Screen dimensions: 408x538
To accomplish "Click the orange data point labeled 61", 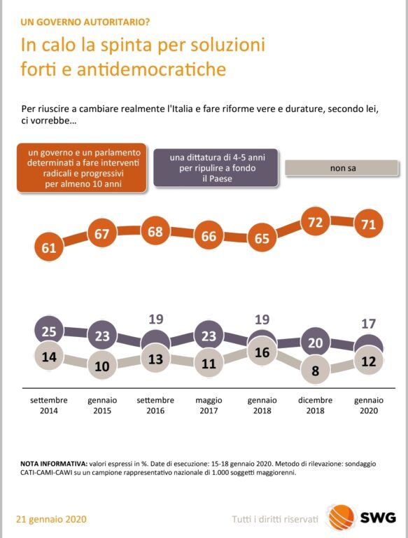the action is pos(49,247).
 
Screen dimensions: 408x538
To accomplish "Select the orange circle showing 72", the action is pos(316,221).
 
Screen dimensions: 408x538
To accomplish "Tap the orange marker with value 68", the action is pos(155,231).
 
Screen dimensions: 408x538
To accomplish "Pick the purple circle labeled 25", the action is pos(49,331).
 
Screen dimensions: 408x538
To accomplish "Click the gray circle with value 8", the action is pos(316,370).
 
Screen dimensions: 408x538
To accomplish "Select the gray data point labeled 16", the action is pos(262,352).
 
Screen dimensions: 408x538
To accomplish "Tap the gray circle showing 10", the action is pos(102,365).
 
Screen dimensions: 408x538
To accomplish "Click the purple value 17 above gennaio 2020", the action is pos(369,323).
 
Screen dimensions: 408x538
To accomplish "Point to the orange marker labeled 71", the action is pos(369,223).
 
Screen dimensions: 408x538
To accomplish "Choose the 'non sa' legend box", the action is pos(342,168).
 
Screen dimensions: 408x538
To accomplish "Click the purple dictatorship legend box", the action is pos(216,168).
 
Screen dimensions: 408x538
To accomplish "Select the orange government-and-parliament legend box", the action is pos(82,168).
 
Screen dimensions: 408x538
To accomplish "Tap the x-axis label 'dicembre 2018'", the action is pos(316,405).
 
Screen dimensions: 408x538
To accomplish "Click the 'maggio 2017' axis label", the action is pos(209,405).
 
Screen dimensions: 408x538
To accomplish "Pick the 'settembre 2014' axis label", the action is pos(49,405).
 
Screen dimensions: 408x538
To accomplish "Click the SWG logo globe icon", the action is pos(341,517).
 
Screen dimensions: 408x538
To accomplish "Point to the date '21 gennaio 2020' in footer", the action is pos(51,519).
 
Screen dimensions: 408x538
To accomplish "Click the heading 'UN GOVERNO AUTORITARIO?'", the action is pos(85,22).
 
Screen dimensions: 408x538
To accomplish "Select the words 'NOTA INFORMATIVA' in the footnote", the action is pos(53,464).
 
